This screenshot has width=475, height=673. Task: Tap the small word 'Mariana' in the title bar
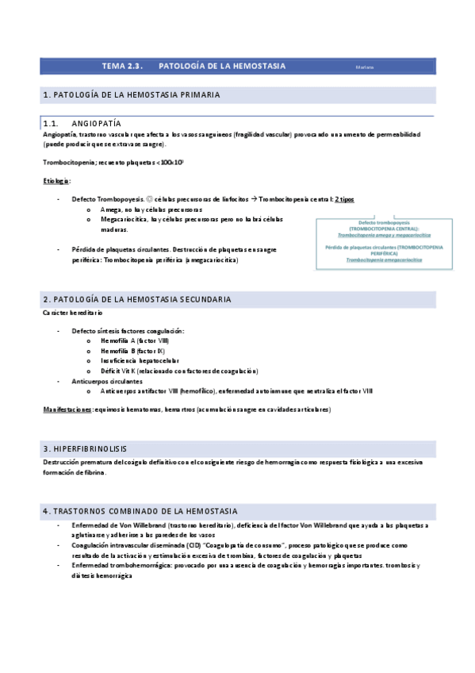(x=365, y=67)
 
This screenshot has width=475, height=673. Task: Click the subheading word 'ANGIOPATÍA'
(x=96, y=124)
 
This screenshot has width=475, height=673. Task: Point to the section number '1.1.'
(x=52, y=124)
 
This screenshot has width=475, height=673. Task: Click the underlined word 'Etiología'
(x=57, y=181)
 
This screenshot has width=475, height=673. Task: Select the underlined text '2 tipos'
(x=344, y=199)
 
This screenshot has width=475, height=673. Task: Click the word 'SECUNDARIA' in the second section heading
(x=198, y=299)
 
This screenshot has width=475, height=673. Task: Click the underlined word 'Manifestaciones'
(x=67, y=410)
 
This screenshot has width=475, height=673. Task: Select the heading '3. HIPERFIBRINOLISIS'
(x=86, y=448)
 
